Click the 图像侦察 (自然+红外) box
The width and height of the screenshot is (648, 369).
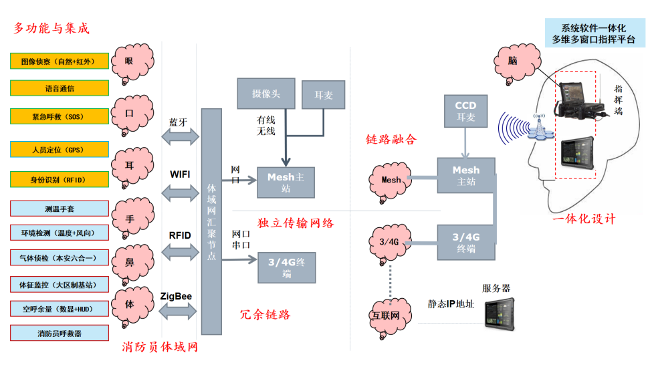(x=60, y=61)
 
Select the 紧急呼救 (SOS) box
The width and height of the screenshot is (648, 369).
(x=60, y=116)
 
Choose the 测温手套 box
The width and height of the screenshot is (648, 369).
(x=60, y=208)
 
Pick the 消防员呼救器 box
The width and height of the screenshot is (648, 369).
(x=60, y=332)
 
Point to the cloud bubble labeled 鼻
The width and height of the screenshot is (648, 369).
(x=129, y=262)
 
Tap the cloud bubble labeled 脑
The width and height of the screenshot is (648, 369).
(x=512, y=61)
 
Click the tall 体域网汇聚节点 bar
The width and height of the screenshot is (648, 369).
(x=211, y=221)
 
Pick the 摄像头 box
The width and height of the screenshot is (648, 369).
(x=266, y=93)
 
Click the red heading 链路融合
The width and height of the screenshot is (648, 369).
(x=391, y=139)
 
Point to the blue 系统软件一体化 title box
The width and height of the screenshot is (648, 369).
(x=593, y=33)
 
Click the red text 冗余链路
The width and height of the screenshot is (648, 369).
(x=265, y=314)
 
